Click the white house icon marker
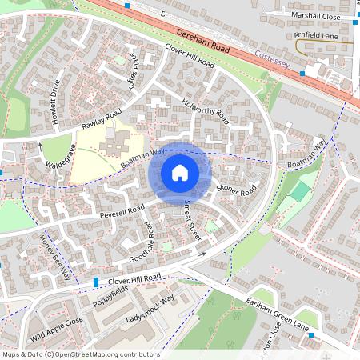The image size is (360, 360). (x=180, y=173)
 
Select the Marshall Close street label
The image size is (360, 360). (x=315, y=16)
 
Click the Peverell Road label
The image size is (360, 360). (x=122, y=211)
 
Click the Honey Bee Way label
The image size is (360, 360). (x=54, y=254)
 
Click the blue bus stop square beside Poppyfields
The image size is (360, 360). (x=96, y=282)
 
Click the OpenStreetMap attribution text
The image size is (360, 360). (x=80, y=354)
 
